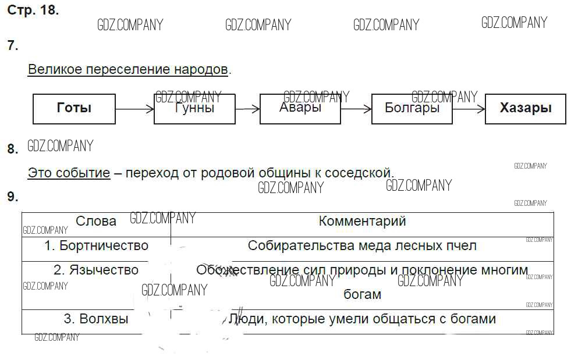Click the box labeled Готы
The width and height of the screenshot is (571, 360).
point(74,109)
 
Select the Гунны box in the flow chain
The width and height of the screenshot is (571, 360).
point(194,109)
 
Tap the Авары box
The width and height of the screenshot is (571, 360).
point(300,109)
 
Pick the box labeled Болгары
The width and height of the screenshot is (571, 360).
point(412,109)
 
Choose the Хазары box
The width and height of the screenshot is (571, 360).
point(525,109)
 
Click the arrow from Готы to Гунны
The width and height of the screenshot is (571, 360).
point(134,109)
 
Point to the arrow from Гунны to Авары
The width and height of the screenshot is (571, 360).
point(247,109)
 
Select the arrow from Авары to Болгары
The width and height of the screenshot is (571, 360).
point(356,109)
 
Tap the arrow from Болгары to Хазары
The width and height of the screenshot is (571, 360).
point(469,109)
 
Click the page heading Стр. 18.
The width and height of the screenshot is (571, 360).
point(33,10)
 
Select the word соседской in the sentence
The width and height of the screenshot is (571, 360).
point(360,173)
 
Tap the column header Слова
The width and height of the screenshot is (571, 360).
point(96,222)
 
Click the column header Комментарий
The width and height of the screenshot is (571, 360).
point(362,221)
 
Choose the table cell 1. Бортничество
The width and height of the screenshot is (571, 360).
point(96,246)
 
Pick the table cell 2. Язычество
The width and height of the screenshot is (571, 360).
point(96,270)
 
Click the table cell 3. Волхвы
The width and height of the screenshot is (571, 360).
point(96,319)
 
